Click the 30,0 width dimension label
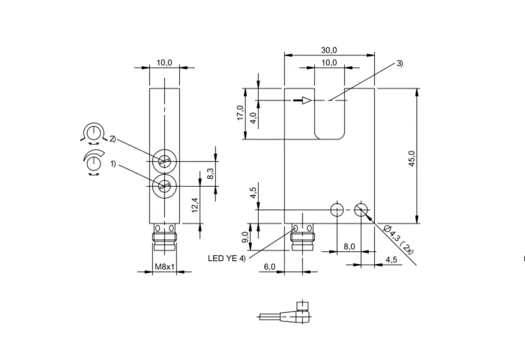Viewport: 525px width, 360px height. [328, 50]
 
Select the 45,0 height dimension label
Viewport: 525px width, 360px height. [412, 158]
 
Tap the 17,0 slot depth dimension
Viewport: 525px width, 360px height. [240, 112]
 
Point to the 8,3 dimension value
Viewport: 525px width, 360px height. [210, 173]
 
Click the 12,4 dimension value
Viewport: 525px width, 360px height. [195, 205]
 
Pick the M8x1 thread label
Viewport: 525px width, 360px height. [164, 266]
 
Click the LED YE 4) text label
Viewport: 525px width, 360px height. [226, 258]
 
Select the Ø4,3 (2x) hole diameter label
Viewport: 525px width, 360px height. [399, 239]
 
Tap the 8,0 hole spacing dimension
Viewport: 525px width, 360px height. [349, 247]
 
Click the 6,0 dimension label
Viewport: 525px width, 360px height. [269, 266]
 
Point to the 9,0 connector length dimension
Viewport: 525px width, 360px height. [245, 237]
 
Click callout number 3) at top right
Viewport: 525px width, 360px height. [400, 63]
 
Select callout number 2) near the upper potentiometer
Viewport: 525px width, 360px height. [112, 139]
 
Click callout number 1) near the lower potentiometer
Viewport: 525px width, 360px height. [112, 163]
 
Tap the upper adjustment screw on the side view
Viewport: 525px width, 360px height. [164, 161]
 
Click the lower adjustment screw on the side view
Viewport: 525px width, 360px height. [164, 186]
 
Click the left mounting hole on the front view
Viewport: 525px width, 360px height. [337, 210]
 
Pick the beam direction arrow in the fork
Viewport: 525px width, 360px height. [302, 100]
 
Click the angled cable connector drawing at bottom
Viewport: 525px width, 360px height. [284, 313]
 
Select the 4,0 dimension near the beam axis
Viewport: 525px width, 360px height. [253, 118]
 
